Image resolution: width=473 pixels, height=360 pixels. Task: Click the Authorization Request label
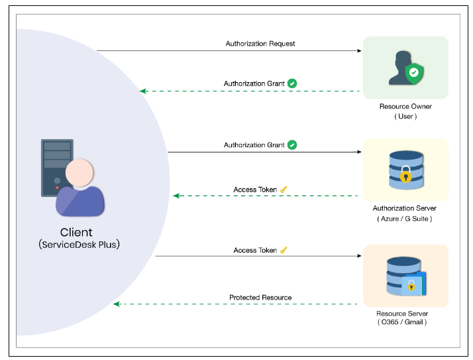pyautogui.click(x=260, y=44)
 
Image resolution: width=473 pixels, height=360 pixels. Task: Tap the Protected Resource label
pyautogui.click(x=260, y=298)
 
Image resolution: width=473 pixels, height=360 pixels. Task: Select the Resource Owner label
pyautogui.click(x=405, y=106)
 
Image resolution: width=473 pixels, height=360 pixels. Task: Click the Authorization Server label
pyautogui.click(x=405, y=208)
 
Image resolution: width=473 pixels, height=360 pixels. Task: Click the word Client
pyautogui.click(x=76, y=233)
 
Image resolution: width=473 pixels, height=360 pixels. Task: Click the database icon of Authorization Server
pyautogui.click(x=405, y=170)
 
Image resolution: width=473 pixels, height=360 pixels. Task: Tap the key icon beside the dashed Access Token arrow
pyautogui.click(x=284, y=190)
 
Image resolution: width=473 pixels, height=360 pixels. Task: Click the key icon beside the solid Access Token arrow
pyautogui.click(x=284, y=251)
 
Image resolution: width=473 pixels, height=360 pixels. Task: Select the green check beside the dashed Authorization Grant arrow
pyautogui.click(x=292, y=84)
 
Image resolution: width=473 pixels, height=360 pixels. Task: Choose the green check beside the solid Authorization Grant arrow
pyautogui.click(x=292, y=145)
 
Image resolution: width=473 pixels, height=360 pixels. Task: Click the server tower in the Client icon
pyautogui.click(x=56, y=166)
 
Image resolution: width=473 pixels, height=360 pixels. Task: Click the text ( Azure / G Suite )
pyautogui.click(x=405, y=219)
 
